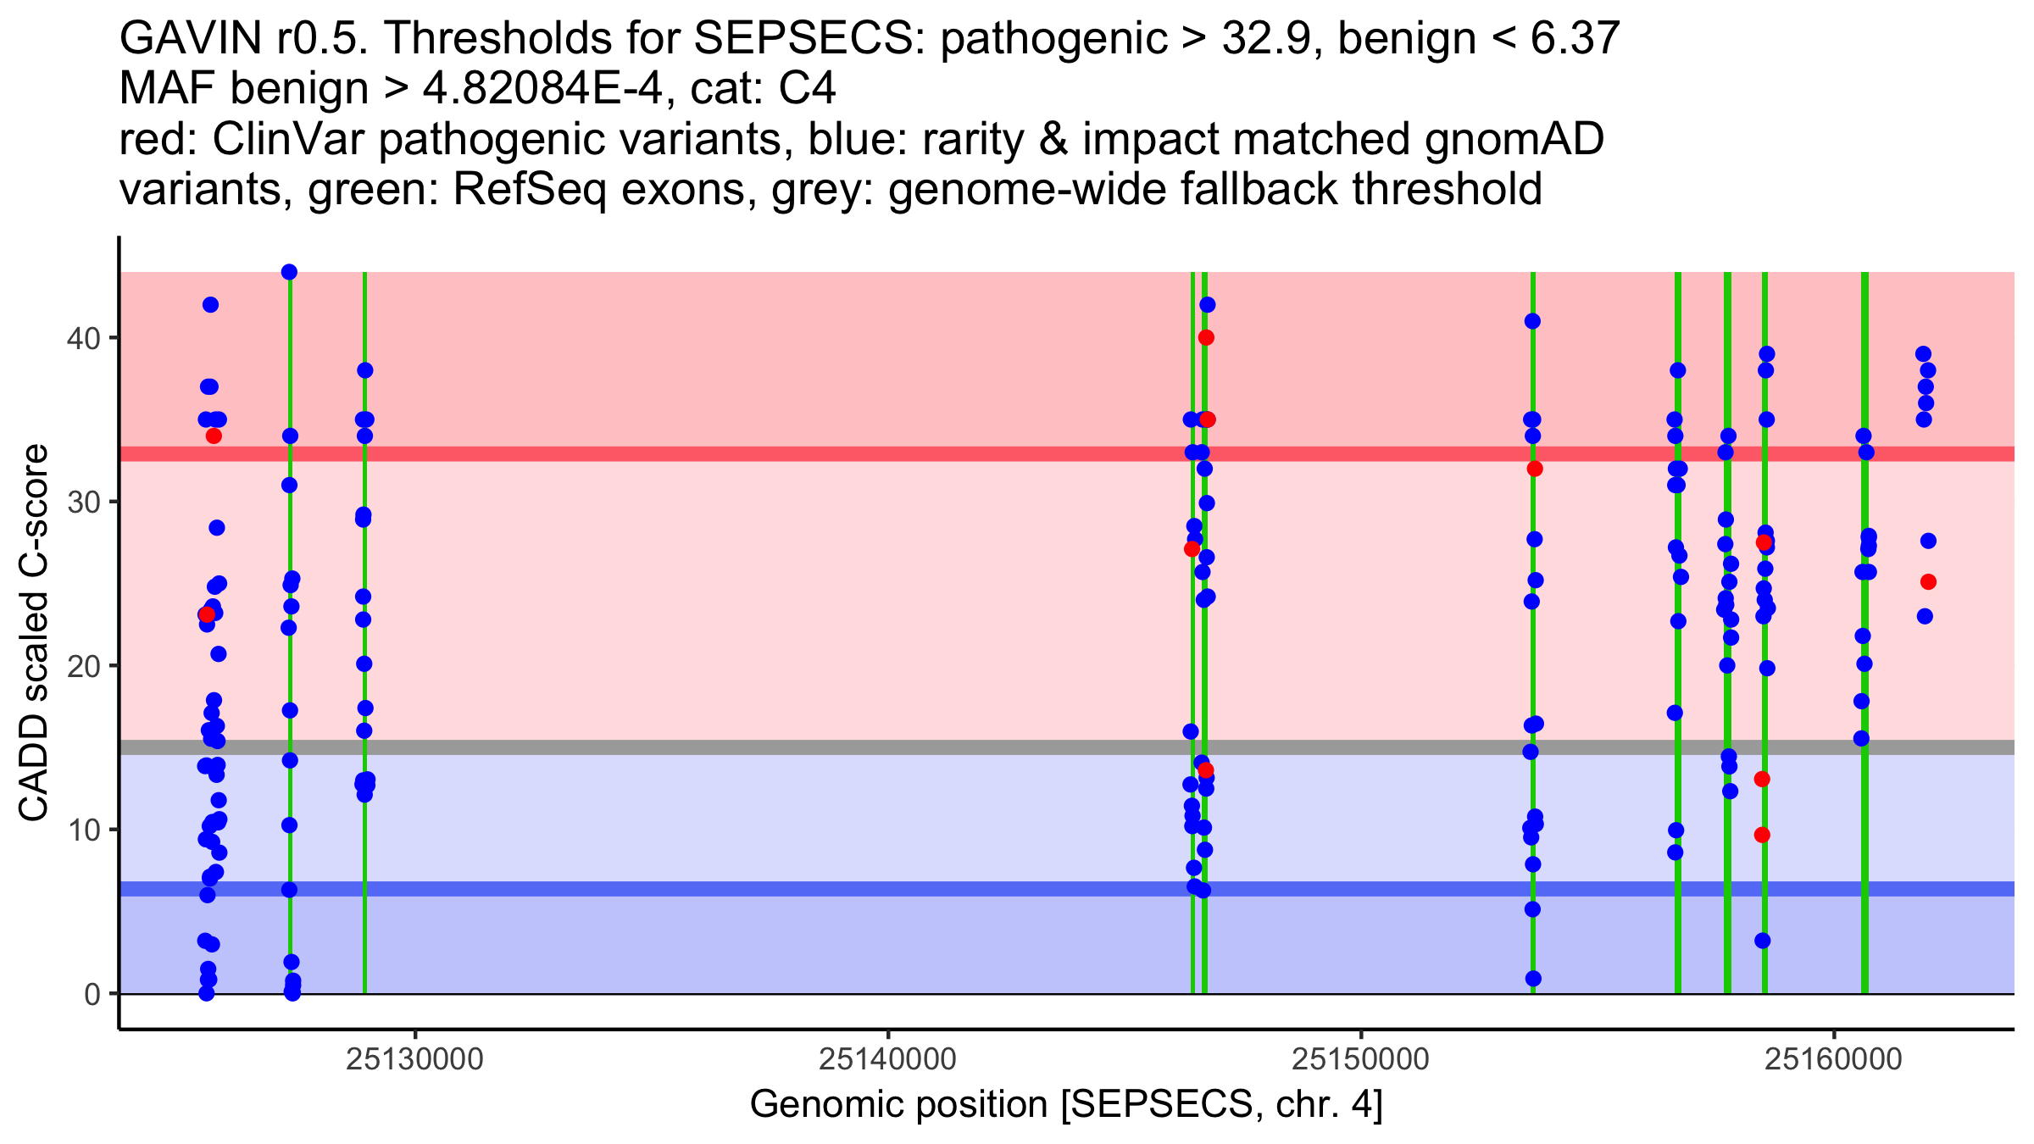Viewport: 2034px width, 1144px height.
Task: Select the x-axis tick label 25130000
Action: (x=414, y=1059)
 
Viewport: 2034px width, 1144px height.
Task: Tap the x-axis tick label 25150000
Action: (x=1360, y=1059)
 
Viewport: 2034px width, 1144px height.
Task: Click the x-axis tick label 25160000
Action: (x=1833, y=1059)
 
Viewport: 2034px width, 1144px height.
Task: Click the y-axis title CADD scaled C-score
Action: (x=34, y=634)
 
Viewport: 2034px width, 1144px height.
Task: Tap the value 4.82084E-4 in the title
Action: (x=542, y=89)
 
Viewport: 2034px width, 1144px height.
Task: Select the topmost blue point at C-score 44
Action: (x=289, y=272)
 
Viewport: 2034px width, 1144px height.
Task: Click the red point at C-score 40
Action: (x=1206, y=337)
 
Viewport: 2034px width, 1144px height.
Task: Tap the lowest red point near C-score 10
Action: (x=1762, y=835)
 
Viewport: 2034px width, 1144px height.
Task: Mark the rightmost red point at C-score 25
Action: (x=1928, y=581)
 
